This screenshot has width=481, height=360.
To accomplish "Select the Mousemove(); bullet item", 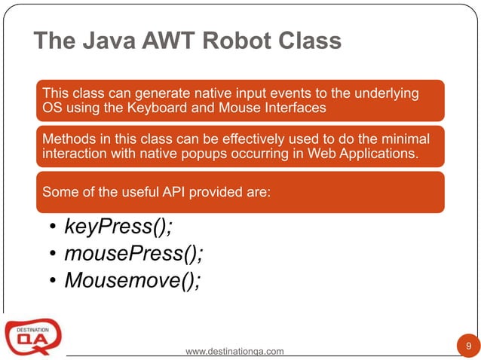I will tap(133, 280).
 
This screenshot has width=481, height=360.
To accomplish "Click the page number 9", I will tap(469, 346).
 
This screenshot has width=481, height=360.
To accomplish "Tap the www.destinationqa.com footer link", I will tap(234, 351).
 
